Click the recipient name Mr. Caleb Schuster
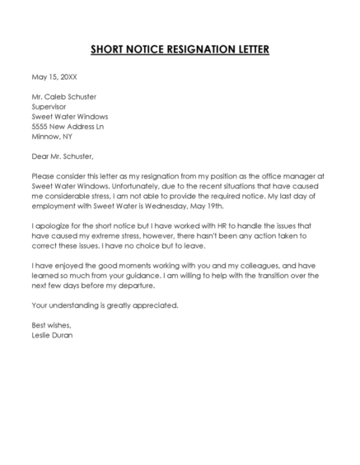(x=63, y=96)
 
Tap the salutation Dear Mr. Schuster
(x=63, y=156)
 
